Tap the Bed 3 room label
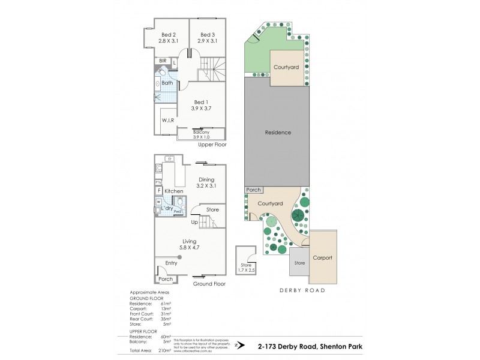click(208, 34)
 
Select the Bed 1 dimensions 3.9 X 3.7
click(203, 108)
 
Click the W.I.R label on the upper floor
click(167, 121)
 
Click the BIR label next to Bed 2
click(163, 61)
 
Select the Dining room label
click(206, 179)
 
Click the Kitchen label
click(174, 191)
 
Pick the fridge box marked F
click(160, 191)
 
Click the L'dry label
click(166, 207)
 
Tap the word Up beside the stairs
click(194, 223)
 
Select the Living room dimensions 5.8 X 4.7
click(190, 247)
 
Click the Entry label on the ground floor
click(172, 263)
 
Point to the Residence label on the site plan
click(277, 133)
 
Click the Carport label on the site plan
click(322, 258)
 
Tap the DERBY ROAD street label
click(302, 290)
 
